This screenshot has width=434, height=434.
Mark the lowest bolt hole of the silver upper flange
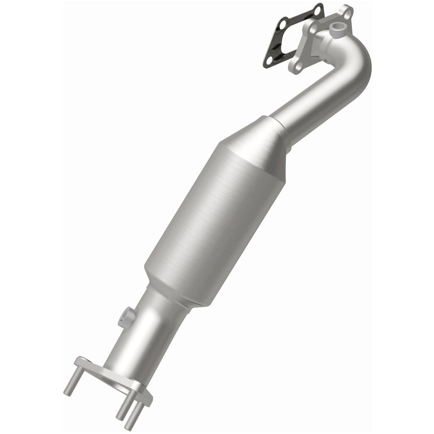[x=297, y=66]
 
